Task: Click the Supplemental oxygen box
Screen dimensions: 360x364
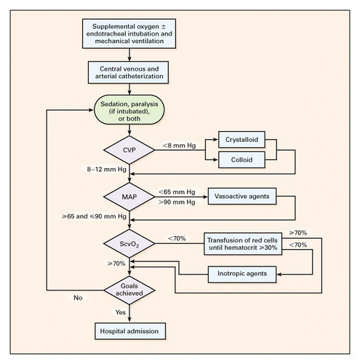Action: pyautogui.click(x=129, y=33)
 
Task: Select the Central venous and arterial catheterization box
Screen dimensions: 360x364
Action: pyautogui.click(x=128, y=72)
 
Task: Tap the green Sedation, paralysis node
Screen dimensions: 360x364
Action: pyautogui.click(x=129, y=110)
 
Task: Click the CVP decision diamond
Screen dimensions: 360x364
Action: pyautogui.click(x=129, y=150)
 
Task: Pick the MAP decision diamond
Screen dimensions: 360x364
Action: pyautogui.click(x=129, y=197)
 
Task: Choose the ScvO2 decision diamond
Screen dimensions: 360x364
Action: pyautogui.click(x=129, y=243)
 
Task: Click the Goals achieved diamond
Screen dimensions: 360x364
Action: pyautogui.click(x=129, y=290)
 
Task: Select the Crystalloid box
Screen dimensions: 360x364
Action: pyautogui.click(x=241, y=140)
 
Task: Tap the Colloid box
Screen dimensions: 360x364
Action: pyautogui.click(x=241, y=159)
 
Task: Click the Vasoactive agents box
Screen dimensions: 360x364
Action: pyautogui.click(x=242, y=196)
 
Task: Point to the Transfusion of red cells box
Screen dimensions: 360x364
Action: pyautogui.click(x=243, y=244)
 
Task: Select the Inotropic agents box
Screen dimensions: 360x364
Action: pyautogui.click(x=242, y=274)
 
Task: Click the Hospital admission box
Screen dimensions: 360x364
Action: pyautogui.click(x=130, y=331)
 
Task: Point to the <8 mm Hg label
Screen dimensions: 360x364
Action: pyautogui.click(x=179, y=146)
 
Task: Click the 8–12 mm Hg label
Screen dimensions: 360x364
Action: pyautogui.click(x=107, y=169)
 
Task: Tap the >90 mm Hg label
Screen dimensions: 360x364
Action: pyautogui.click(x=177, y=202)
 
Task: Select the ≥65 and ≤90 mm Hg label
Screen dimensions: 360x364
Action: pyautogui.click(x=94, y=216)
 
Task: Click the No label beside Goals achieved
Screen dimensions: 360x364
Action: pyautogui.click(x=78, y=298)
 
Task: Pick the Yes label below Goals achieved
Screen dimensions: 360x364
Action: pyautogui.click(x=121, y=312)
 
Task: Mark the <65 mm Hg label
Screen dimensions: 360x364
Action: pyautogui.click(x=177, y=192)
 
